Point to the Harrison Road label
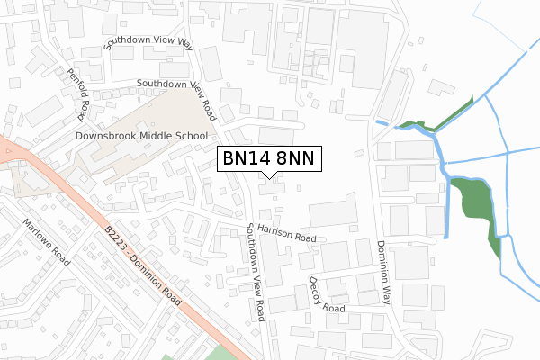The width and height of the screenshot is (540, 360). coord(285,233)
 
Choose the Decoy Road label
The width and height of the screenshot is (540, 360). coord(327,296)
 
